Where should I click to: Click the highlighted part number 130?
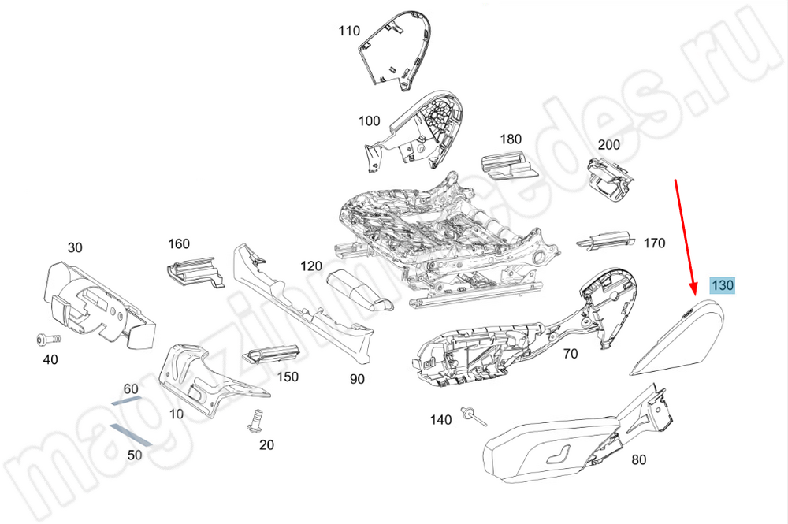[722, 285]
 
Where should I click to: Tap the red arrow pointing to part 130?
[685, 236]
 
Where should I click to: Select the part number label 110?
[349, 32]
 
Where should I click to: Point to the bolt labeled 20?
[255, 421]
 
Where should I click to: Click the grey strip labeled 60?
[126, 400]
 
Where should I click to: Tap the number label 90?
[357, 379]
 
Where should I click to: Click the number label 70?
[570, 355]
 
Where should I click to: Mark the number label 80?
[638, 459]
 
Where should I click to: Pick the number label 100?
[369, 121]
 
